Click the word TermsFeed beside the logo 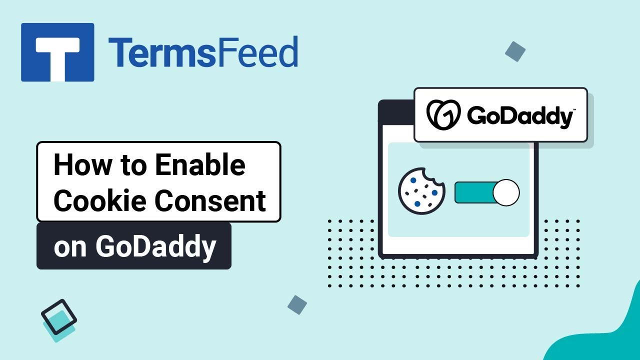click(203, 52)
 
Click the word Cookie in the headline click(99, 200)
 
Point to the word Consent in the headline click(210, 200)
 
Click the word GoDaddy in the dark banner click(156, 246)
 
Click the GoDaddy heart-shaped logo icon click(443, 115)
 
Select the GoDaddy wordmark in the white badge click(520, 116)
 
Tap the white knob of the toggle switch click(506, 192)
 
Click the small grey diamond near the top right click(515, 51)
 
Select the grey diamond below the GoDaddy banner click(297, 304)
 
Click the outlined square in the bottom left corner click(59, 317)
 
